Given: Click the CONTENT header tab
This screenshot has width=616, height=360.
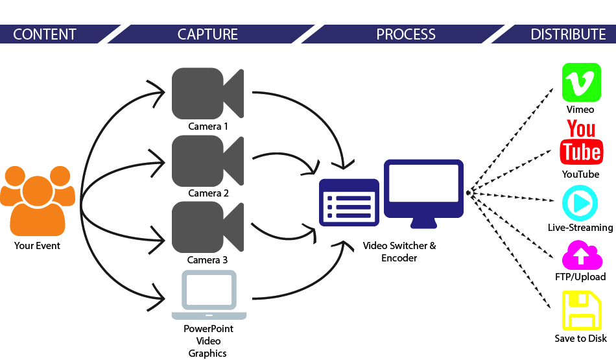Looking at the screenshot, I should click(45, 34).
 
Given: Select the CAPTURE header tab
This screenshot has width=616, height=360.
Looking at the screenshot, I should click(207, 34).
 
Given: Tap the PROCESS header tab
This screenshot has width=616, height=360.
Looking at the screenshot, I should click(406, 34).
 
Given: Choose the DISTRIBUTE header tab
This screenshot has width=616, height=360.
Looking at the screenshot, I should click(568, 34).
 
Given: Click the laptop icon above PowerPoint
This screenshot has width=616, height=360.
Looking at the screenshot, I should click(209, 294).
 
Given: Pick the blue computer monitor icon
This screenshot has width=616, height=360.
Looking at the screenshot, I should click(423, 192).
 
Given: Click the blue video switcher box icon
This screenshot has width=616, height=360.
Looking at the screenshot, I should click(349, 202).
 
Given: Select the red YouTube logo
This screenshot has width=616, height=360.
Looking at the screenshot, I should click(580, 143).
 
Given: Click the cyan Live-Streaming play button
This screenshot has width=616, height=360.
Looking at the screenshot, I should click(580, 204).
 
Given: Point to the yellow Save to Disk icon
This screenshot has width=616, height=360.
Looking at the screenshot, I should click(580, 311).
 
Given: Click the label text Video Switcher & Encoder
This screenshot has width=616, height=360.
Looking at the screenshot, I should click(399, 252).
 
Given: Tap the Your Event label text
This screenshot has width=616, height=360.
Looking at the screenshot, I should click(37, 246).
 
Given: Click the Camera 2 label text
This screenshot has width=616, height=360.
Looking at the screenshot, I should click(208, 193).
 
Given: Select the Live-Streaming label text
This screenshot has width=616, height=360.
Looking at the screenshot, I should click(580, 228).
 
